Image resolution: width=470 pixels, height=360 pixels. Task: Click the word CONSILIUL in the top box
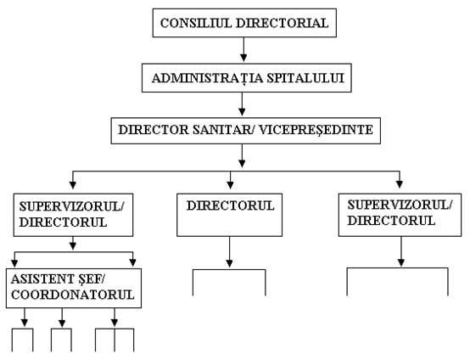pos(196,24)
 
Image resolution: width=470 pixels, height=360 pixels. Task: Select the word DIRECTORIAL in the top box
pos(283,24)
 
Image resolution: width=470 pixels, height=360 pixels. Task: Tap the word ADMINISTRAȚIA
pos(207,78)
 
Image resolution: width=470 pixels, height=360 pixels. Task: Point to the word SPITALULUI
pos(305,78)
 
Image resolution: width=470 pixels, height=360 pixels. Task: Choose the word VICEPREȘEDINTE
pos(316,131)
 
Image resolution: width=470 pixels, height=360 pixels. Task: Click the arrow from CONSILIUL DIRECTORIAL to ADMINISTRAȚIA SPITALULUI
pos(243,49)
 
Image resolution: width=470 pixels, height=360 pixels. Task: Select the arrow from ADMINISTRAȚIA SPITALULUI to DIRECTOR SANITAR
pos(242,104)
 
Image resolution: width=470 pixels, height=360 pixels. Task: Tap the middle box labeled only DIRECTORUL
pos(229,215)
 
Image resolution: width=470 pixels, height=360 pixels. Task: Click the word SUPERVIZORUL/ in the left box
pos(71,206)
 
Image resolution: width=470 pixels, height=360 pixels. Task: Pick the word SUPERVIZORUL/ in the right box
pos(400,205)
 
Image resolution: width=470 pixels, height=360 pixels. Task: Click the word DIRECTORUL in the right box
pos(391,221)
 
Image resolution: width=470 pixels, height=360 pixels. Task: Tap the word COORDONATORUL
pos(73,295)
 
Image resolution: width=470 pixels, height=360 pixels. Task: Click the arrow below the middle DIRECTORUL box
pos(230,252)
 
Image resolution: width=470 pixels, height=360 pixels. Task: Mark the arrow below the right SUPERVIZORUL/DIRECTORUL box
pos(401,251)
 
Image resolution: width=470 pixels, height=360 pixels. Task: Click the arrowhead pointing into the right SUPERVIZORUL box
pos(400,184)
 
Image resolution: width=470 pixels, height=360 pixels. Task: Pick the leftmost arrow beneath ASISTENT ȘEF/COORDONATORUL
pos(25,318)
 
